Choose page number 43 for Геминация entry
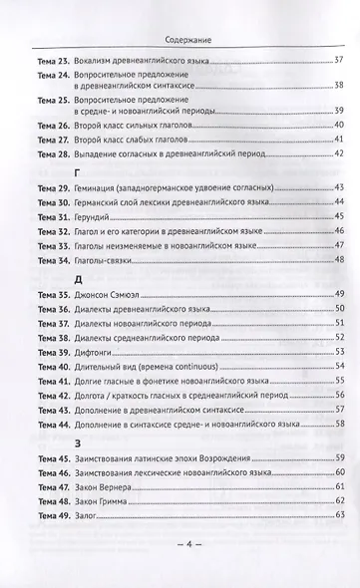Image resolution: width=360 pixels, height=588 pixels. (339, 187)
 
